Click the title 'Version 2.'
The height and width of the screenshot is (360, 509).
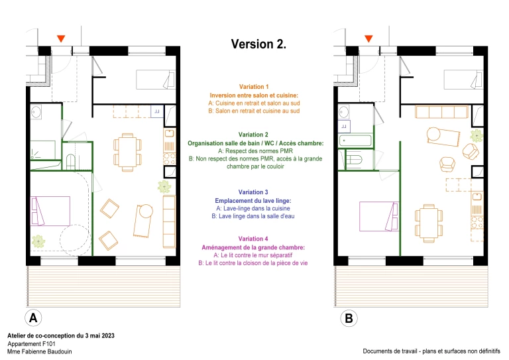coord(258,44)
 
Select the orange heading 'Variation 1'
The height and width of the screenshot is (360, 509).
coord(254,87)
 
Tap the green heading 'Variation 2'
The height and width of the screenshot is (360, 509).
coord(254,135)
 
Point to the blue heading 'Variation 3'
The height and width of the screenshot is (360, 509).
coord(254,192)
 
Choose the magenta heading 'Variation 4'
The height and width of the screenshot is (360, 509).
coord(254,239)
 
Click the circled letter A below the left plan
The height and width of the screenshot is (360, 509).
coord(34,318)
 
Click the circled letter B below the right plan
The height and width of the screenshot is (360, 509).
coord(349,318)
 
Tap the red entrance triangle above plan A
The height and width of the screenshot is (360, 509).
coord(61,39)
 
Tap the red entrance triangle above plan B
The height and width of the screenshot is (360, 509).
coord(368,39)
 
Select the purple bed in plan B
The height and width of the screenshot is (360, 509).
coord(378,216)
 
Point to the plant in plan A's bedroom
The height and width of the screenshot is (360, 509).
coord(39,242)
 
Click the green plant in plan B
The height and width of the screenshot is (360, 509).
coord(476,136)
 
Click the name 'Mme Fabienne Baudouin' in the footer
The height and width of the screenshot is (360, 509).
coord(40,351)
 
